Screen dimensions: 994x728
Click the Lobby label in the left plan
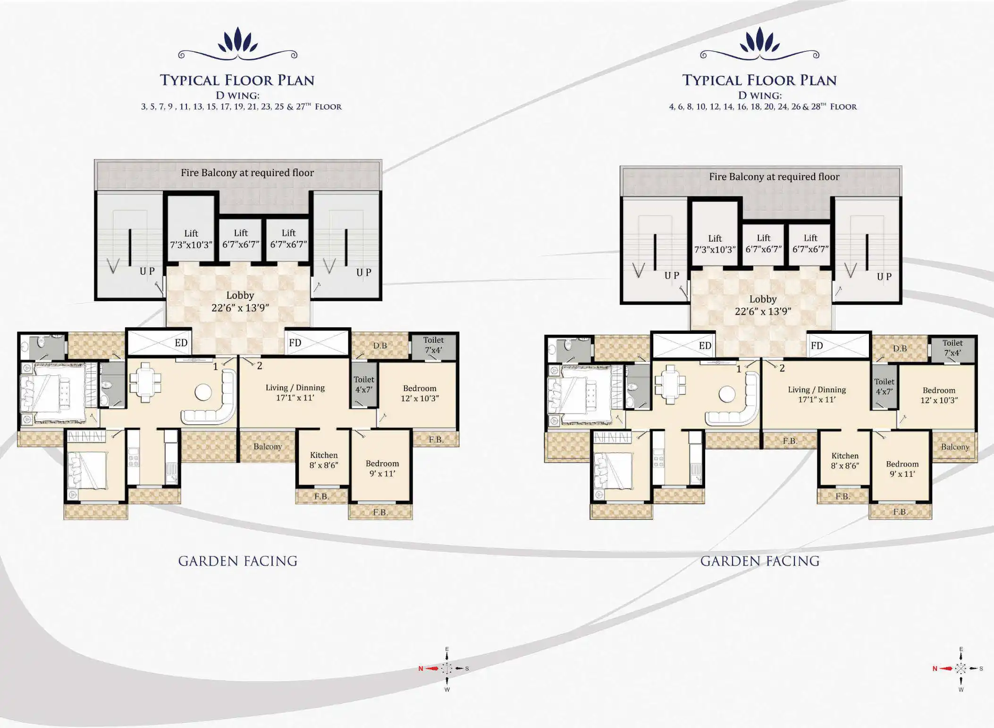pos(240,296)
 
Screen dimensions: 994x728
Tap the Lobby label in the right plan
pos(763,299)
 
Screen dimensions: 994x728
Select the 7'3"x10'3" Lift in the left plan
pos(191,239)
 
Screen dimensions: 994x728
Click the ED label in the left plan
pos(181,343)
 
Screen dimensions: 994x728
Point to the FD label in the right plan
pos(817,346)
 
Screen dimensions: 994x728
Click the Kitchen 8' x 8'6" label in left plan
pos(324,460)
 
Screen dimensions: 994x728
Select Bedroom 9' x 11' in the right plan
pos(902,469)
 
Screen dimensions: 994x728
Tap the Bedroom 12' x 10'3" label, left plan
pos(420,393)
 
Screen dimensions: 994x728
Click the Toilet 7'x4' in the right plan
pos(952,348)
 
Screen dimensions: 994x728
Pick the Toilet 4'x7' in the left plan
pos(364,384)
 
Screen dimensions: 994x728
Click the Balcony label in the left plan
pos(268,447)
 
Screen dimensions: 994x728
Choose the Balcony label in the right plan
pos(955,447)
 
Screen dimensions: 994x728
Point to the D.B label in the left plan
pos(380,346)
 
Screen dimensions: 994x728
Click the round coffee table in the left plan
pos(203,392)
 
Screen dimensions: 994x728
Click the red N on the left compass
pos(421,669)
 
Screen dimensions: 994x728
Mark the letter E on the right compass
pos(961,650)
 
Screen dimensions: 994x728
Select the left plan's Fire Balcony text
pos(247,173)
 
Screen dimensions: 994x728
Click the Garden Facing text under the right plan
pos(760,561)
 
